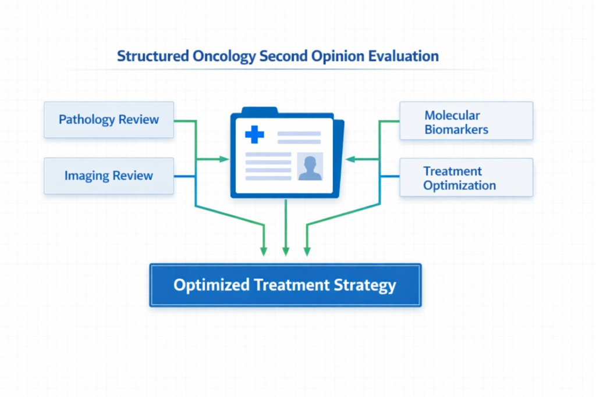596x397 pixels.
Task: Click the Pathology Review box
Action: pyautogui.click(x=109, y=120)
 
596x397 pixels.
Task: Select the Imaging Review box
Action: pyautogui.click(x=109, y=176)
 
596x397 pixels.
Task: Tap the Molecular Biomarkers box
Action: pyautogui.click(x=466, y=121)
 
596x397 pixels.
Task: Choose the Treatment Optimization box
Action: pyautogui.click(x=466, y=178)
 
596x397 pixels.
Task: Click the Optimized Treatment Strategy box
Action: pyautogui.click(x=285, y=285)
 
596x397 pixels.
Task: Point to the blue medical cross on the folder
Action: pyautogui.click(x=254, y=135)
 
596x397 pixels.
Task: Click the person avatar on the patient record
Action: pyautogui.click(x=310, y=167)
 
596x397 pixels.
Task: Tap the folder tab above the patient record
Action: pyautogui.click(x=260, y=110)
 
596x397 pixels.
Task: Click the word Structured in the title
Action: pyautogui.click(x=152, y=56)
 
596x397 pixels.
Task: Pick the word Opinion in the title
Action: pyautogui.click(x=338, y=56)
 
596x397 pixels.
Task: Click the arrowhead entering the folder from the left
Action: pyautogui.click(x=224, y=159)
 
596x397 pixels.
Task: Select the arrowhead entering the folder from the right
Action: pyautogui.click(x=349, y=159)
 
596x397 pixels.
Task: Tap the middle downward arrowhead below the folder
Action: pyautogui.click(x=285, y=251)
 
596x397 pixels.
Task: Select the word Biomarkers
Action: pyautogui.click(x=456, y=129)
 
